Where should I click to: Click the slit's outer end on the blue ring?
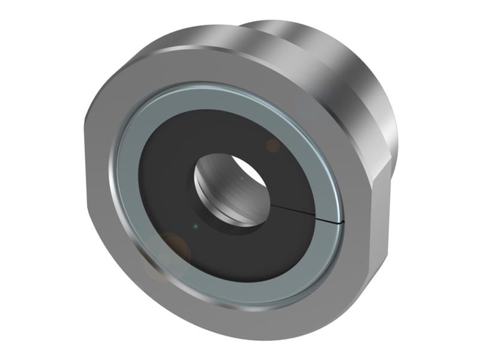coord(342,222)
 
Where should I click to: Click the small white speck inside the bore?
coord(241,178)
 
